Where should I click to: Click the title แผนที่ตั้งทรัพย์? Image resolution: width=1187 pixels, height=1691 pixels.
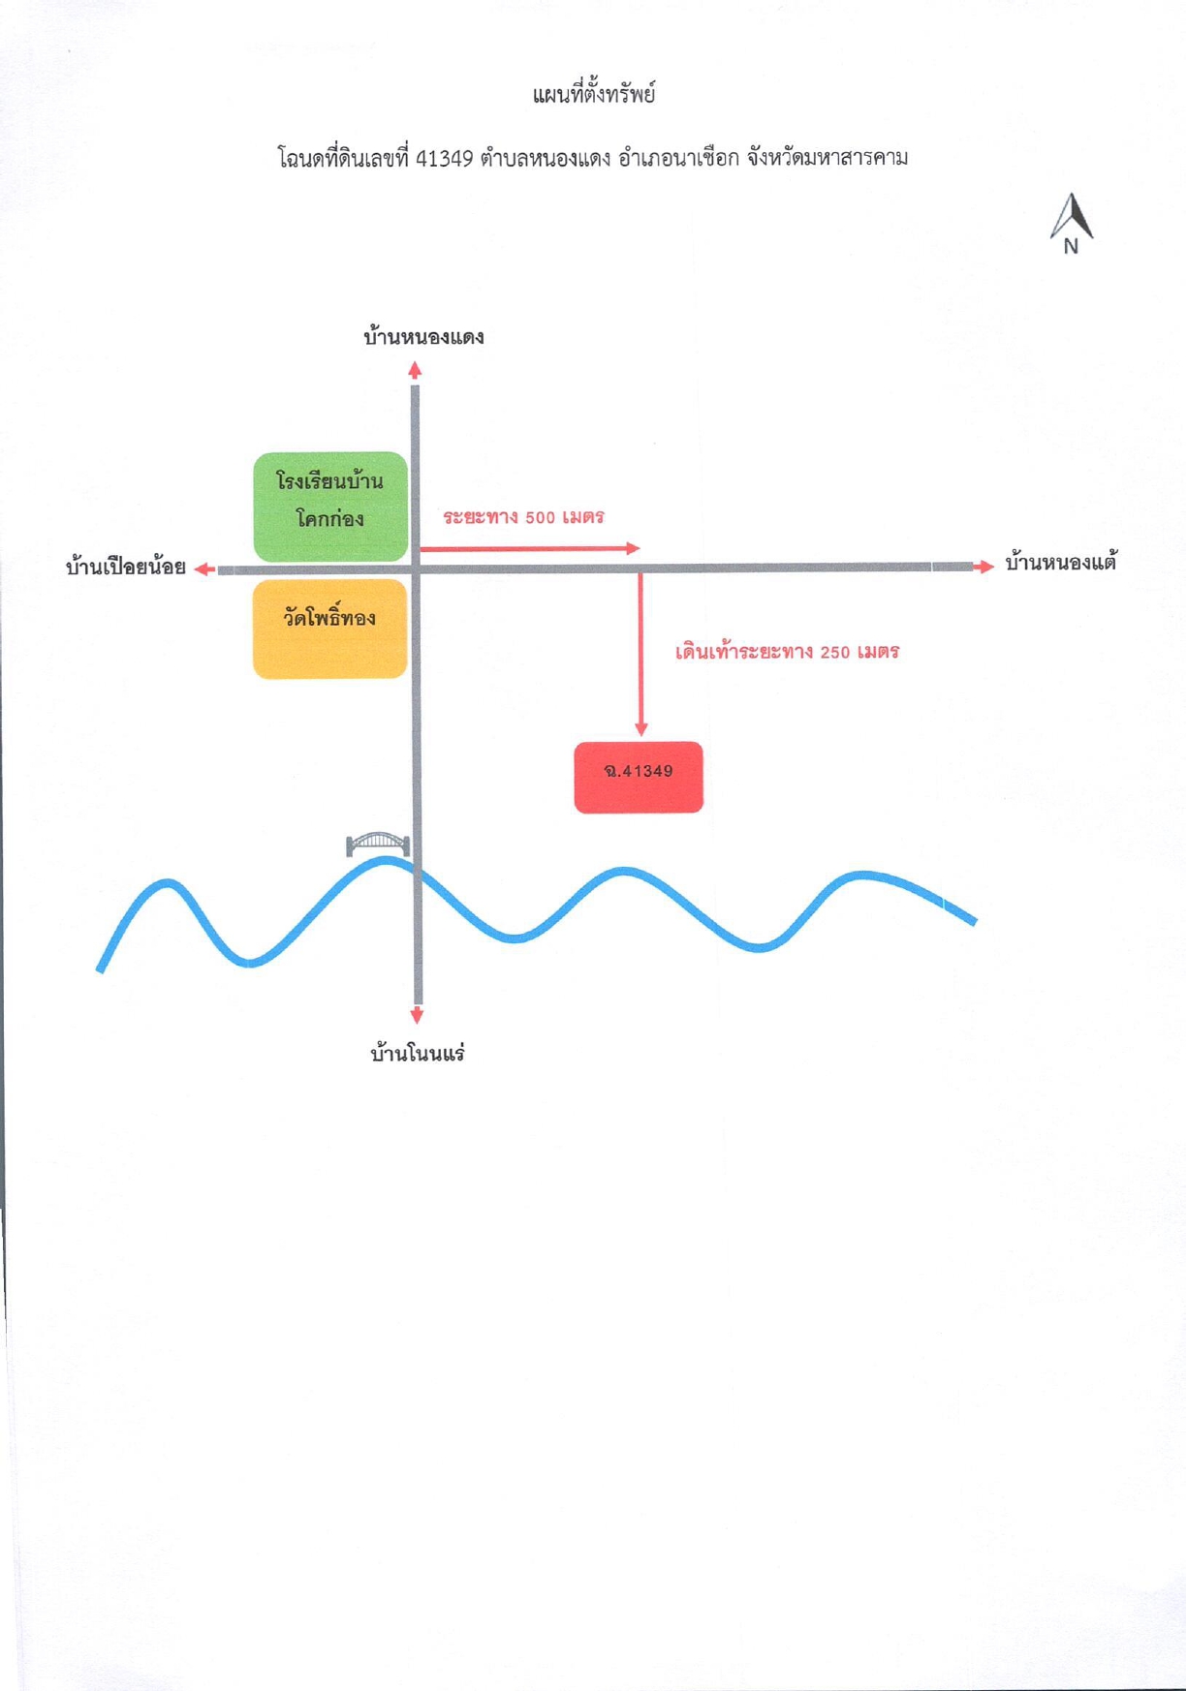594,94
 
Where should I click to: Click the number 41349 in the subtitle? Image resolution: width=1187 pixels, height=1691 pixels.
444,158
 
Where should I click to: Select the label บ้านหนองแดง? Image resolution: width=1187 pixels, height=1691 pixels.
423,337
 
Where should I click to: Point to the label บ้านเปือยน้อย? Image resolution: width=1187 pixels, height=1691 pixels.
126,567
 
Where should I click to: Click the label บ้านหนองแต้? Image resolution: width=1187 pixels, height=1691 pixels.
1061,562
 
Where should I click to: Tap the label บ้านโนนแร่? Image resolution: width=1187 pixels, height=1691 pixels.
418,1053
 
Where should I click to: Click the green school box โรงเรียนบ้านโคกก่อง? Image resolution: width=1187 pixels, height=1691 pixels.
330,507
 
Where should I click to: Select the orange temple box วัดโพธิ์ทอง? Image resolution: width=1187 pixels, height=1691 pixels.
329,629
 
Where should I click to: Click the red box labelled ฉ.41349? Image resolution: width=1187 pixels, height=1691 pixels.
639,777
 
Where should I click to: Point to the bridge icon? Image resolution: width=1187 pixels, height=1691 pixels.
378,843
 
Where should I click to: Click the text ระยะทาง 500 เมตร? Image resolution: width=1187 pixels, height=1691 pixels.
524,517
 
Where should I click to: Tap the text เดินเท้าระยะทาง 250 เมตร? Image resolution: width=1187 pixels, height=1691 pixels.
788,652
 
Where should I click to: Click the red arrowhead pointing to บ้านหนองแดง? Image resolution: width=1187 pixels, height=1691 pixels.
415,370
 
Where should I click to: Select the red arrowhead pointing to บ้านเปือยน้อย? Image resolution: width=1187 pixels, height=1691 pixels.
204,569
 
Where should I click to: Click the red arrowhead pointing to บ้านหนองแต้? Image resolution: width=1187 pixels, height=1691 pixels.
984,567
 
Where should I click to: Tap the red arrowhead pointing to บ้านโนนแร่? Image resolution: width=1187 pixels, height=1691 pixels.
418,1015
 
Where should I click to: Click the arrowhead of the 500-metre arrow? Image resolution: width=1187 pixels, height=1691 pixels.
634,548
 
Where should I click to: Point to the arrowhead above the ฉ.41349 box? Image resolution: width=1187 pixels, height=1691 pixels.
640,728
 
